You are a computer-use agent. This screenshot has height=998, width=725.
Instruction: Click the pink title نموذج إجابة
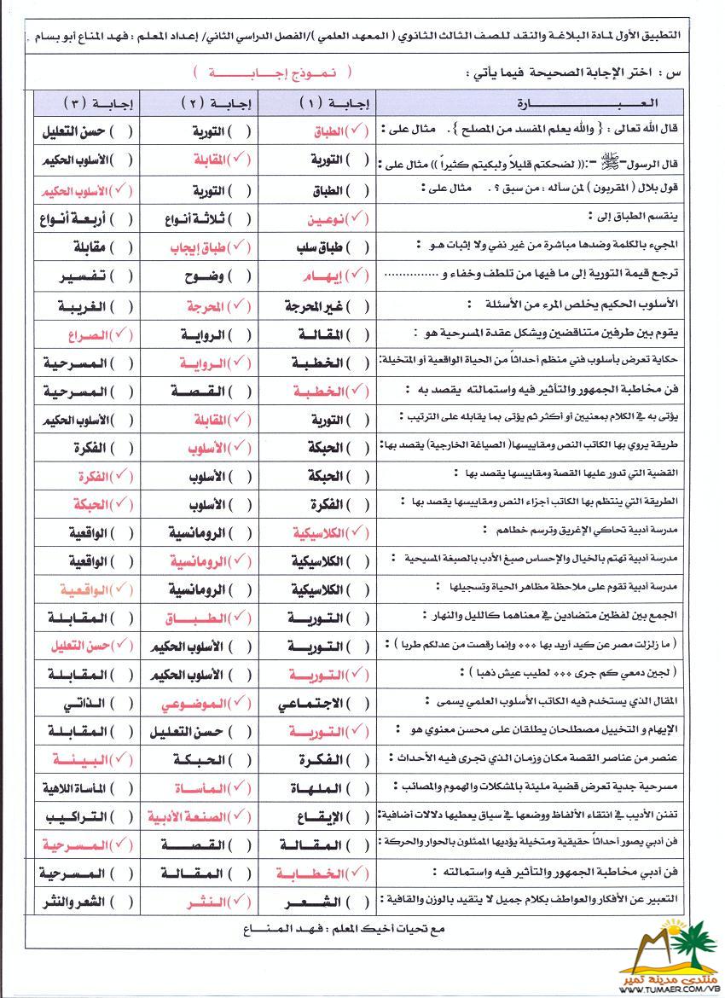click(x=272, y=73)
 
